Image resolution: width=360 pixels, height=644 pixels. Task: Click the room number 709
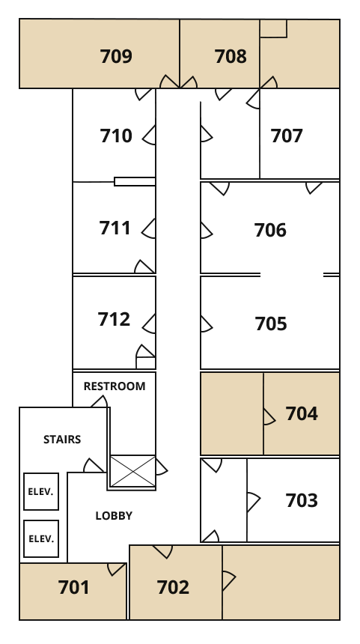click(x=116, y=56)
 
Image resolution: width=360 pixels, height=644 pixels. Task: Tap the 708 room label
click(x=231, y=56)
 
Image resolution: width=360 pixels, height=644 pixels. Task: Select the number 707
click(x=287, y=136)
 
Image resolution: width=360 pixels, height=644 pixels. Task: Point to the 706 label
click(x=270, y=230)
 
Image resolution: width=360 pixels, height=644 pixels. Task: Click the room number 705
click(x=271, y=323)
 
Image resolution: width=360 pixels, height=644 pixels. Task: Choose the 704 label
click(x=302, y=413)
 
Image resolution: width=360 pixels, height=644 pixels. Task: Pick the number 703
click(x=302, y=500)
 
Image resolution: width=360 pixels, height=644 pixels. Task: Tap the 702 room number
click(x=173, y=587)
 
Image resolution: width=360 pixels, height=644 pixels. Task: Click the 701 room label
click(x=74, y=587)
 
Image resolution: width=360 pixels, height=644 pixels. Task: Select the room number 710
click(x=116, y=136)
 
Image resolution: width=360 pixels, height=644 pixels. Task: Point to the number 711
click(x=115, y=228)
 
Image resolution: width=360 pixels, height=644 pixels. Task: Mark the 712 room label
click(x=114, y=319)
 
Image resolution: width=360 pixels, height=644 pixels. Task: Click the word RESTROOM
click(x=115, y=386)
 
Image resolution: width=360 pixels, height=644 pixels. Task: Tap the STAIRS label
click(x=62, y=440)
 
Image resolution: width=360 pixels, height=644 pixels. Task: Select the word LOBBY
click(x=114, y=516)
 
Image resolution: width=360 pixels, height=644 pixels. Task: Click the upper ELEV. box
click(x=41, y=492)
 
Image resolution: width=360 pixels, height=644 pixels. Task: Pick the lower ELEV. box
click(x=41, y=539)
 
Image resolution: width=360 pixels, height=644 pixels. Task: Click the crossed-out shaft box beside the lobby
click(x=132, y=471)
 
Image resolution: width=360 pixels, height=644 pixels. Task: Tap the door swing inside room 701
click(x=116, y=569)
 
